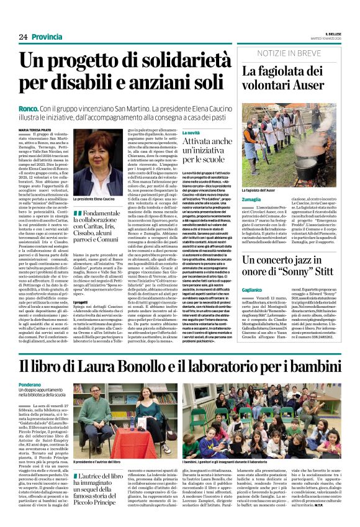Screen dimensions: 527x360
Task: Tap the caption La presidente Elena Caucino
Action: [94, 199]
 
